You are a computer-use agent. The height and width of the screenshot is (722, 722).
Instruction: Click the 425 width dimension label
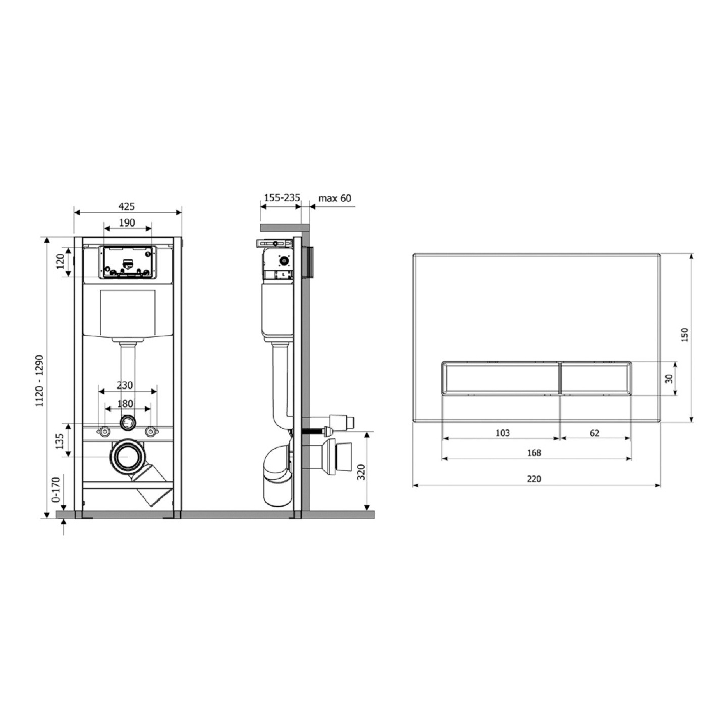pyautogui.click(x=127, y=206)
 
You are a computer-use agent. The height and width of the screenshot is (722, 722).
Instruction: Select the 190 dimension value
pyautogui.click(x=127, y=223)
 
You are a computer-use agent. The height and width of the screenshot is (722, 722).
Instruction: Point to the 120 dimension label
pyautogui.click(x=60, y=262)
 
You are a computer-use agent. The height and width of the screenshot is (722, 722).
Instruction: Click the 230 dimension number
pyautogui.click(x=125, y=385)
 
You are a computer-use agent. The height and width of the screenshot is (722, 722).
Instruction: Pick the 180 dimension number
pyautogui.click(x=125, y=404)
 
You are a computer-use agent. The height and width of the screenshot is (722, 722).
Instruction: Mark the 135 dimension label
pyautogui.click(x=60, y=441)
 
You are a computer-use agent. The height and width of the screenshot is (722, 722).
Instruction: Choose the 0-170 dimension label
pyautogui.click(x=56, y=490)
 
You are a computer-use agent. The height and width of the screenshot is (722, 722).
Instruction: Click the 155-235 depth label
pyautogui.click(x=282, y=197)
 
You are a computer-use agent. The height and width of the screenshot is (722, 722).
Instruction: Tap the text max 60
pyautogui.click(x=335, y=198)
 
